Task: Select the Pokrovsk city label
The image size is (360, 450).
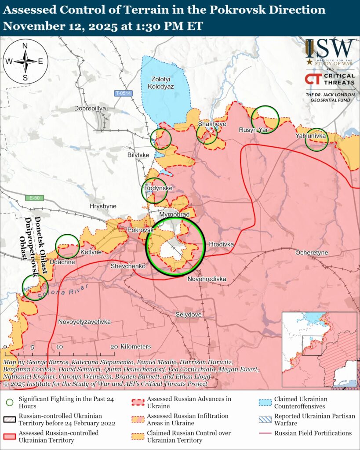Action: [140, 230]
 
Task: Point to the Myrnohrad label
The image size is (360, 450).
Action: [174, 214]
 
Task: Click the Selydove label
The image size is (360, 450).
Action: [188, 315]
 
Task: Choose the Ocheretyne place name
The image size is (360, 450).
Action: [312, 253]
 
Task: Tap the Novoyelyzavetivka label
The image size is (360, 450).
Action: [84, 322]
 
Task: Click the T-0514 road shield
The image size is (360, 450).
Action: [123, 93]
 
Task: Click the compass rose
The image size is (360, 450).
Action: [25, 62]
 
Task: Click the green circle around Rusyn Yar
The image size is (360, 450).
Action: [265, 119]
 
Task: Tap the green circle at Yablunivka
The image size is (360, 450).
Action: [316, 140]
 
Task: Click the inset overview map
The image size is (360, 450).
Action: [319, 349]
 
